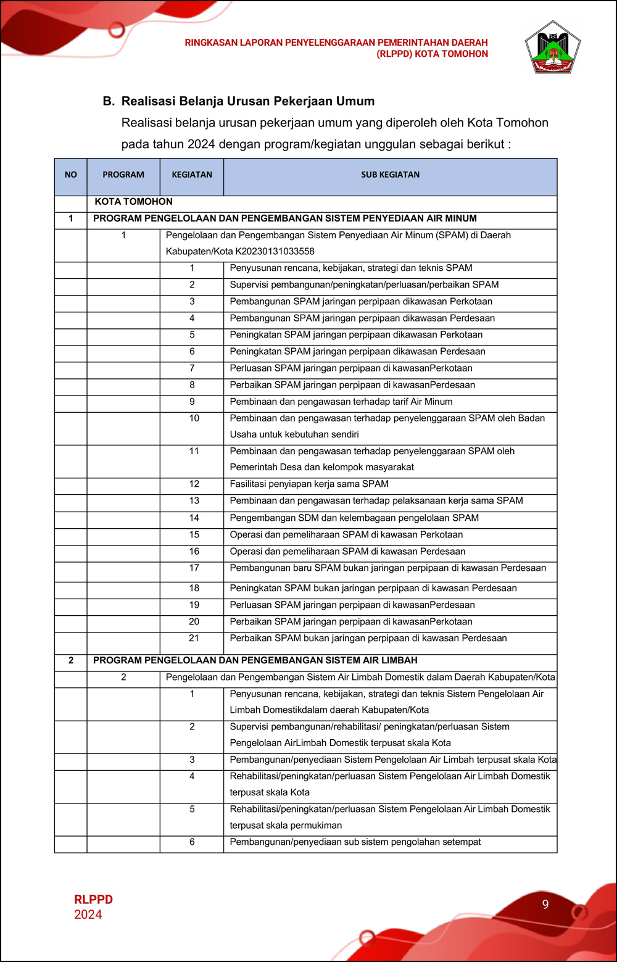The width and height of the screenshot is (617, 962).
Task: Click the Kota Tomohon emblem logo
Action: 552,49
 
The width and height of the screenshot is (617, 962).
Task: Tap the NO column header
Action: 71,175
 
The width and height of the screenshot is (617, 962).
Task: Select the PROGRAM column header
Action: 123,175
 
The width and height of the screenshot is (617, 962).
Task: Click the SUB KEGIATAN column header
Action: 390,175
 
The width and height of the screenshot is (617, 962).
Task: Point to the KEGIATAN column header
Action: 192,175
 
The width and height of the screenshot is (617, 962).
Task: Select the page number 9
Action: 545,904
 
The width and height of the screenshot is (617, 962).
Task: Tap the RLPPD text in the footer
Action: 93,900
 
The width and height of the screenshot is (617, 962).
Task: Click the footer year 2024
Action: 88,914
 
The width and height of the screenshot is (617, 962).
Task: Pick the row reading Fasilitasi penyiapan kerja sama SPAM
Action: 309,484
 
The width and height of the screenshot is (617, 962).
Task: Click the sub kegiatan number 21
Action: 194,638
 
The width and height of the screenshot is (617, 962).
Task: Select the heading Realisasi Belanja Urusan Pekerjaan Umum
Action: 248,101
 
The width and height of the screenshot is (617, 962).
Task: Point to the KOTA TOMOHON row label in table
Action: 133,202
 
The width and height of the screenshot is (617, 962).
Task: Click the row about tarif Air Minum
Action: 341,402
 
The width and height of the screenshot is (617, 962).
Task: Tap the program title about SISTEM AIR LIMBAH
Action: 255,660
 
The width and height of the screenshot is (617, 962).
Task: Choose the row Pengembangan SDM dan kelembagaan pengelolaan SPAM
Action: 354,518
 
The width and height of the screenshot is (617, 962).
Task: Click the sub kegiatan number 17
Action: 194,568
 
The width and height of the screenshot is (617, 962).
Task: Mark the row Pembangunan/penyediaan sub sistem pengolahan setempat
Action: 355,842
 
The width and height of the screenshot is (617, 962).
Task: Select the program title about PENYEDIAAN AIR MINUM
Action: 284,218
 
